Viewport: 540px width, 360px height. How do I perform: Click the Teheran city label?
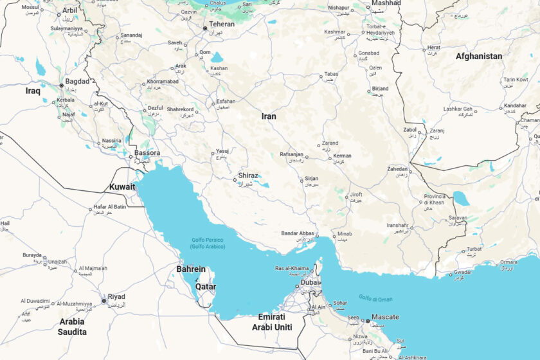click(x=222, y=24)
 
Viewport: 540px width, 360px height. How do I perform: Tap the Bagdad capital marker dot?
click(x=62, y=85)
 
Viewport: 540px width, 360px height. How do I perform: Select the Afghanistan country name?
click(x=479, y=57)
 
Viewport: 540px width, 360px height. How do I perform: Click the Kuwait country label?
click(x=122, y=187)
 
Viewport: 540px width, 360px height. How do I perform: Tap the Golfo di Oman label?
click(x=375, y=298)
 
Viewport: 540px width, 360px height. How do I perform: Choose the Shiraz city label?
click(x=248, y=175)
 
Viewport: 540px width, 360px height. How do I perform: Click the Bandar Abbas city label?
click(x=298, y=233)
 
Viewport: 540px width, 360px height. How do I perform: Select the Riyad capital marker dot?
click(x=104, y=300)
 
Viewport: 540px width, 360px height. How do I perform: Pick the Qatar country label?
click(x=206, y=286)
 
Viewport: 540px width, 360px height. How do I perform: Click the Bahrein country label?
click(x=191, y=269)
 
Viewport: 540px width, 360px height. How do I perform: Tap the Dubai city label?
click(x=310, y=282)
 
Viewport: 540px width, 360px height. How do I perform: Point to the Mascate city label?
click(x=385, y=317)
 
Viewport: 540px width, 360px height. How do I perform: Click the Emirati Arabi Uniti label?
click(x=275, y=322)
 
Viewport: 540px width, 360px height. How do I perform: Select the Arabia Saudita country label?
click(x=72, y=327)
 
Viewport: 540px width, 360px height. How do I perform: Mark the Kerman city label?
click(x=342, y=156)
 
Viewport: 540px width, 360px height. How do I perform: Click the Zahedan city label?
click(x=397, y=168)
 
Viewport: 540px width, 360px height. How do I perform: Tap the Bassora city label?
click(x=147, y=153)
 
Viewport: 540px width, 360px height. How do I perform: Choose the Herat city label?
click(x=434, y=47)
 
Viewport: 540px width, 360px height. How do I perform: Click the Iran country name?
click(x=269, y=116)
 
